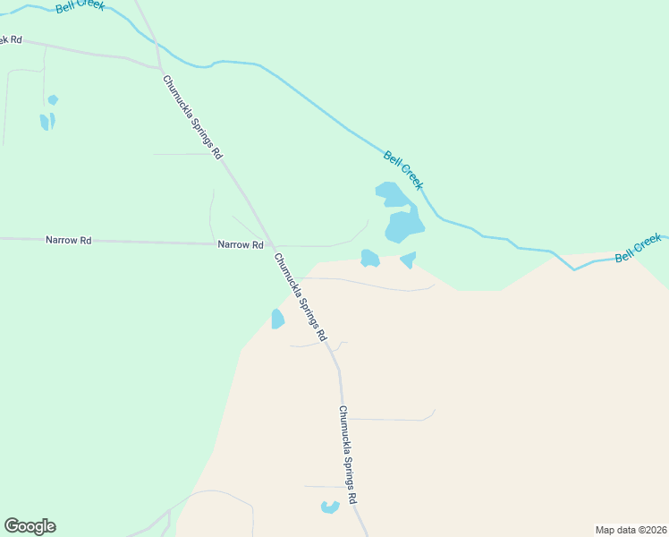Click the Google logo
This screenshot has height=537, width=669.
pyautogui.click(x=30, y=526)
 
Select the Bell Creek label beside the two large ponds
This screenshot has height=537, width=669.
pyautogui.click(x=403, y=170)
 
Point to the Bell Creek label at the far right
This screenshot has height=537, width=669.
pyautogui.click(x=638, y=247)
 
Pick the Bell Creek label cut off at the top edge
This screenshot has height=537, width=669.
pyautogui.click(x=80, y=5)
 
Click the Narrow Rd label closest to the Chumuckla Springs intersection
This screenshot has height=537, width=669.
pyautogui.click(x=241, y=244)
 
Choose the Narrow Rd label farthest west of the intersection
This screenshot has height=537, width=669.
pyautogui.click(x=68, y=240)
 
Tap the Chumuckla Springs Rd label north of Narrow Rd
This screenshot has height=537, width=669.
pyautogui.click(x=192, y=116)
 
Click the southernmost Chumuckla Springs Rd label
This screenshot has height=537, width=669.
pyautogui.click(x=348, y=456)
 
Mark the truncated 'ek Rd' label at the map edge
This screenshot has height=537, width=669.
pyautogui.click(x=11, y=40)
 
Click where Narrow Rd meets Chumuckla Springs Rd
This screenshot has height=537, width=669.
pyautogui.click(x=271, y=244)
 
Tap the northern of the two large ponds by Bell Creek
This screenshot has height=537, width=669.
pyautogui.click(x=391, y=194)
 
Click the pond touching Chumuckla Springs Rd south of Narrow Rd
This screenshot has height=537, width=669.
pyautogui.click(x=278, y=319)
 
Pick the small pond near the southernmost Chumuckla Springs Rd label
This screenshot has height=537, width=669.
pyautogui.click(x=330, y=507)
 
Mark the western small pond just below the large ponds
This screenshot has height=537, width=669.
pyautogui.click(x=369, y=259)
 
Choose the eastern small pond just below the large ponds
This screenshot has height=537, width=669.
pyautogui.click(x=409, y=260)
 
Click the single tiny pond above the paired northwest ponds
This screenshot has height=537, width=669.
pyautogui.click(x=53, y=99)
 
